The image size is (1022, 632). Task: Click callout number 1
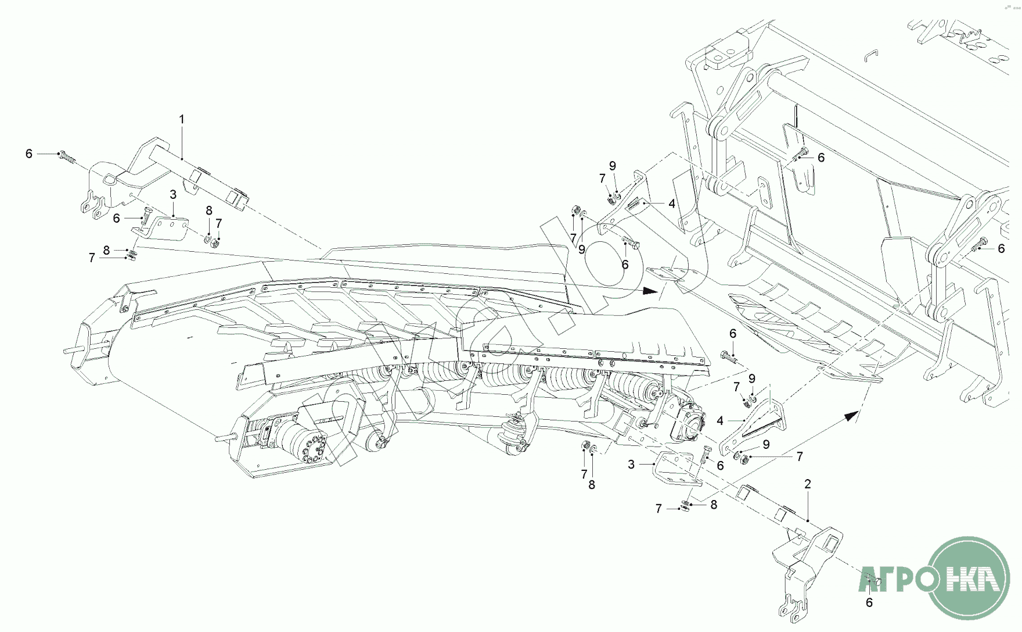(x=182, y=119)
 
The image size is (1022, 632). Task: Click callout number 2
(x=808, y=484)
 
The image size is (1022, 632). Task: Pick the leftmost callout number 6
(x=29, y=153)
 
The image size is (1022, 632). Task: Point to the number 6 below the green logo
(x=869, y=603)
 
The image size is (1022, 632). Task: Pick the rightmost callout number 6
(x=1001, y=248)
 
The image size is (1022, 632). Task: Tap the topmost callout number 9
(x=613, y=166)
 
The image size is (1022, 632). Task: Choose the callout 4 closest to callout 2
(x=720, y=420)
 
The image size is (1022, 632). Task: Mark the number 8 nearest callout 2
(x=714, y=505)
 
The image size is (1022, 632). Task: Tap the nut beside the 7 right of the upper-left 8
(x=215, y=241)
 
